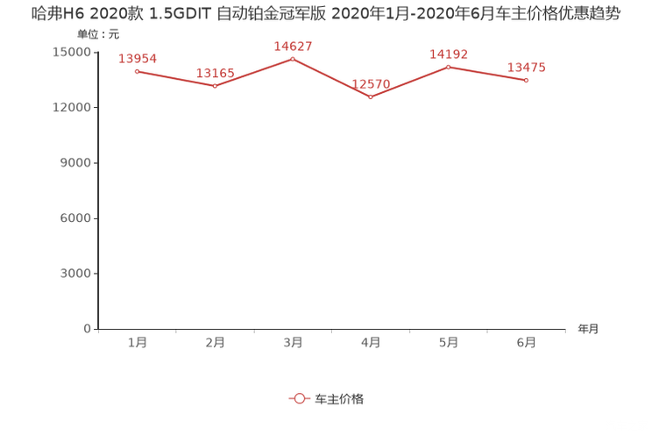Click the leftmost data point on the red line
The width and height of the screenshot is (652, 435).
137,70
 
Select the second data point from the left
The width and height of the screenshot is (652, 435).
215,86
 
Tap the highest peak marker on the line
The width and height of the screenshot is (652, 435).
293,59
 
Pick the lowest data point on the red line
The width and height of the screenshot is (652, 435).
371,96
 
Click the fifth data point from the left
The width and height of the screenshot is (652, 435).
448,66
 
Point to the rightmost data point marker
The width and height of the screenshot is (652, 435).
526,81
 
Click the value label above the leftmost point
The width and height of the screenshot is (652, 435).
138,59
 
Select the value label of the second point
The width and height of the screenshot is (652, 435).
215,74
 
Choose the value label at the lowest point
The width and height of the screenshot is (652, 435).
371,84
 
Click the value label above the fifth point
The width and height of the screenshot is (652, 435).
449,54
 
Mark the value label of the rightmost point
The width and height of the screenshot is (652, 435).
527,68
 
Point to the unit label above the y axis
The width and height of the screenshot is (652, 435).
97,34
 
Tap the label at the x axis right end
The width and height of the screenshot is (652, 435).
588,330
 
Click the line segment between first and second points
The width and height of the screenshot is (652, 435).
175,78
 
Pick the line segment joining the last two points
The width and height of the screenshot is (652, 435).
487,74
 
